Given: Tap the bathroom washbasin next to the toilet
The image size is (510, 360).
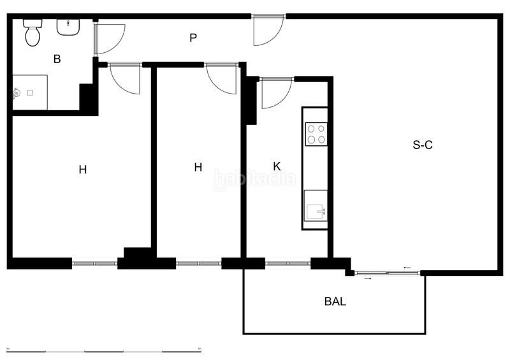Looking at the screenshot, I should [68, 27].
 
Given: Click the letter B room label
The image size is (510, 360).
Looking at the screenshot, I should [57, 59].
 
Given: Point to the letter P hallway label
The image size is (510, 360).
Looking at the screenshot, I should [193, 38].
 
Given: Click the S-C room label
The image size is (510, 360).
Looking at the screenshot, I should [423, 145].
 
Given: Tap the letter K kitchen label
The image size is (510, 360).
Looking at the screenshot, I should [277, 166].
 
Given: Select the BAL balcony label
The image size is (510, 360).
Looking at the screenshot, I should [335, 301].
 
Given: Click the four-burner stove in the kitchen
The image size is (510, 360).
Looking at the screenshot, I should [316, 134].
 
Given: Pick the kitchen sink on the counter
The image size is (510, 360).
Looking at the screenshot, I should [316, 210].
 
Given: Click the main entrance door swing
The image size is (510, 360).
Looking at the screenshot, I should [266, 31].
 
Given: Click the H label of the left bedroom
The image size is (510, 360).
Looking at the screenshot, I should [82, 169].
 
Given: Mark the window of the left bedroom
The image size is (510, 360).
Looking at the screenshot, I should [94, 263].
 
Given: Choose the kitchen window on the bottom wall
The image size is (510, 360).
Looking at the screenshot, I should [288, 263].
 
